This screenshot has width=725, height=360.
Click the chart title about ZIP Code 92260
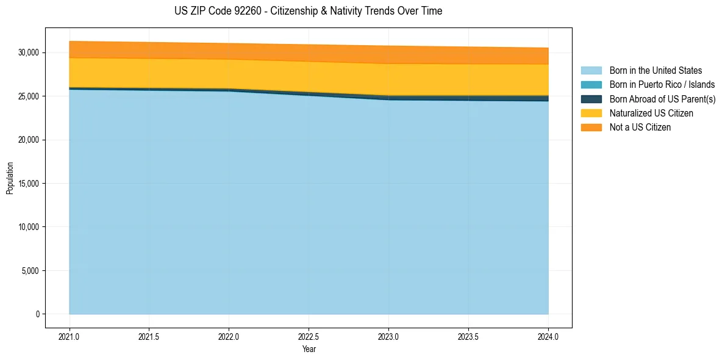[308, 11]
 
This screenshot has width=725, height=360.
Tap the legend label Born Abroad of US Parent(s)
[662, 99]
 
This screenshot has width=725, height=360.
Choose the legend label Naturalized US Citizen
[651, 113]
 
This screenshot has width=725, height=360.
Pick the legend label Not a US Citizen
[640, 128]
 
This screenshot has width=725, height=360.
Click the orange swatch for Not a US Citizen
[591, 128]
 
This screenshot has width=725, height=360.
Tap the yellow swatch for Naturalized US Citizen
[591, 113]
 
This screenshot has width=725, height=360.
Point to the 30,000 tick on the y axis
[28, 53]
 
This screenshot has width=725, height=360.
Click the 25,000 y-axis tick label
[28, 96]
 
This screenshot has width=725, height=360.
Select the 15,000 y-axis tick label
[28, 184]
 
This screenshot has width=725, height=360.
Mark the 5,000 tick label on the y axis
[30, 271]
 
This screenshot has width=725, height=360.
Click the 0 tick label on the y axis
[36, 314]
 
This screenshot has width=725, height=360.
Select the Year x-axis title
[309, 350]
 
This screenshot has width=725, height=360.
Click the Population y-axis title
[10, 178]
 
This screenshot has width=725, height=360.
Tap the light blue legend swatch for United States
[591, 71]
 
